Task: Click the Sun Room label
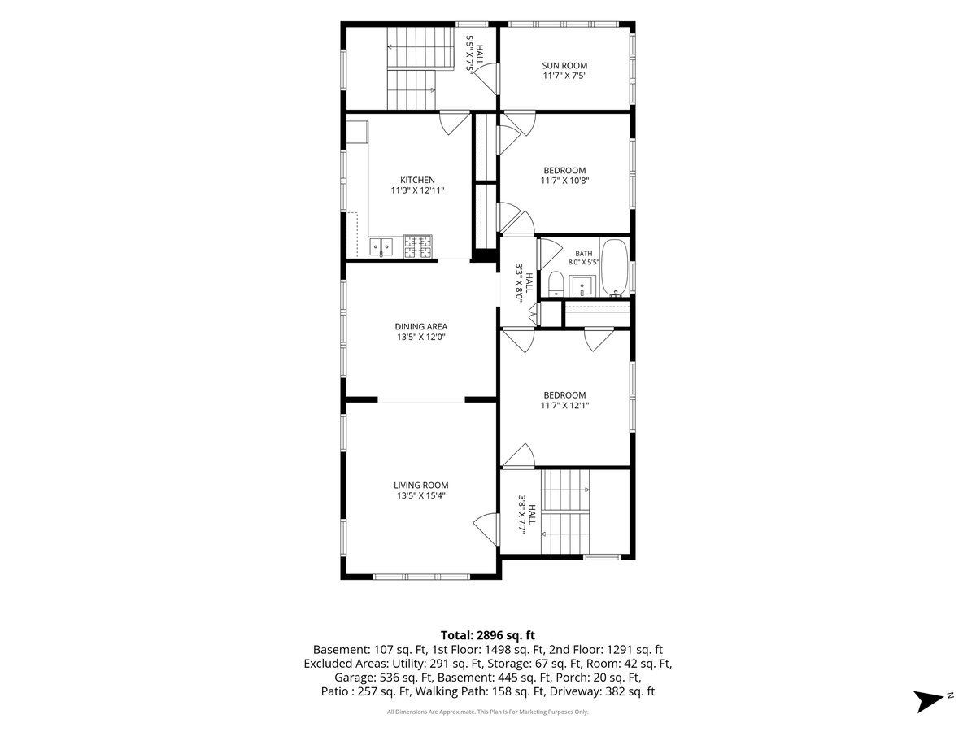click(x=564, y=65)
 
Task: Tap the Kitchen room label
click(x=417, y=180)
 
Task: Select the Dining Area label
click(x=420, y=327)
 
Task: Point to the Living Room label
click(x=420, y=486)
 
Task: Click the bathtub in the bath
click(x=614, y=268)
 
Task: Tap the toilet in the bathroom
click(x=556, y=284)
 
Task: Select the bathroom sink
click(x=582, y=285)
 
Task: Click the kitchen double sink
click(x=381, y=247)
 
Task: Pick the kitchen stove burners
click(x=417, y=246)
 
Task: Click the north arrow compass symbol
click(x=931, y=700)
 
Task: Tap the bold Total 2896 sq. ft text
click(x=488, y=635)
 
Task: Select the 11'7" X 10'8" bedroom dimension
click(x=564, y=181)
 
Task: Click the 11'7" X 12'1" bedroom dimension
click(x=564, y=405)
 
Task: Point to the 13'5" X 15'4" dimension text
click(x=420, y=495)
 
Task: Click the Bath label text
click(x=583, y=253)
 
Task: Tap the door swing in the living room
click(x=485, y=529)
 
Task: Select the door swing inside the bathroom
click(x=551, y=254)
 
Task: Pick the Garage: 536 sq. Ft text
click(x=384, y=678)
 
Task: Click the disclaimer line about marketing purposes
click(x=487, y=712)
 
